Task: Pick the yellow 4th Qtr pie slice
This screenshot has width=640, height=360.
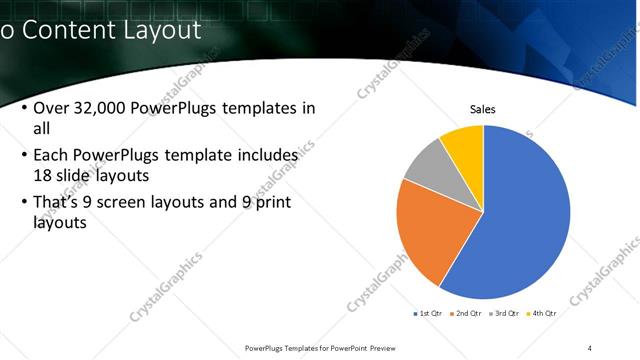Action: [x=464, y=142]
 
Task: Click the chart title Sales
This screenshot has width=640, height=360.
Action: [x=483, y=110]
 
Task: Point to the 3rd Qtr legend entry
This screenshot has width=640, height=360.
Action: [x=503, y=313]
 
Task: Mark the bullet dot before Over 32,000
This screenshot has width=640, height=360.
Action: [x=23, y=109]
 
